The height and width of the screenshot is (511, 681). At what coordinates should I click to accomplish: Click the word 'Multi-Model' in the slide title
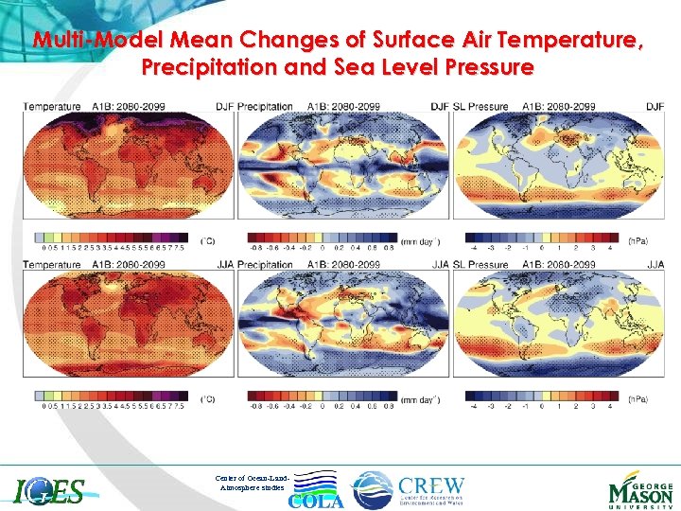click(x=90, y=41)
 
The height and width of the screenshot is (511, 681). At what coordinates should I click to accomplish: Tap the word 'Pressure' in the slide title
click(x=483, y=68)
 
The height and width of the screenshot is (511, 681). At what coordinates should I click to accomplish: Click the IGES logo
click(x=49, y=490)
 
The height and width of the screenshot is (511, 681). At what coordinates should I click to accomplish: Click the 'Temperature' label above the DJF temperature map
click(x=52, y=107)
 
